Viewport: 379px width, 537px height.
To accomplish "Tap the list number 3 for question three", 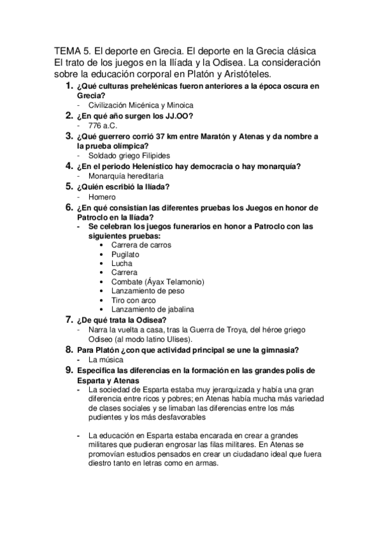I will click(x=70, y=136).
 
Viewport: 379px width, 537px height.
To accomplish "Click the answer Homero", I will click(x=103, y=196).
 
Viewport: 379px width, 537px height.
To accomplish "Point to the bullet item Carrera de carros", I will click(x=140, y=244).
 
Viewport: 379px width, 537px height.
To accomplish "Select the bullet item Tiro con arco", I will click(x=134, y=300).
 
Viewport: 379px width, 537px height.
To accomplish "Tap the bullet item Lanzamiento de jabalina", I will click(x=152, y=309).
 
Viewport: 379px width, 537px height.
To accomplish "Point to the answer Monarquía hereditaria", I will click(x=127, y=175).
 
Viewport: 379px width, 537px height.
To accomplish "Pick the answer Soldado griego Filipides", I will click(x=129, y=156).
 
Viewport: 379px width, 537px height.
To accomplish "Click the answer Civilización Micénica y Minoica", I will click(x=141, y=105).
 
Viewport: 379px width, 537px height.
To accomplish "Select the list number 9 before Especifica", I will click(x=70, y=369).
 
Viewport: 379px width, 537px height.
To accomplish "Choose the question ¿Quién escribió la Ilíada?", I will click(x=123, y=187).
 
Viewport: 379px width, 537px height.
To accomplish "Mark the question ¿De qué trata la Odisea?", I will click(x=121, y=320).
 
